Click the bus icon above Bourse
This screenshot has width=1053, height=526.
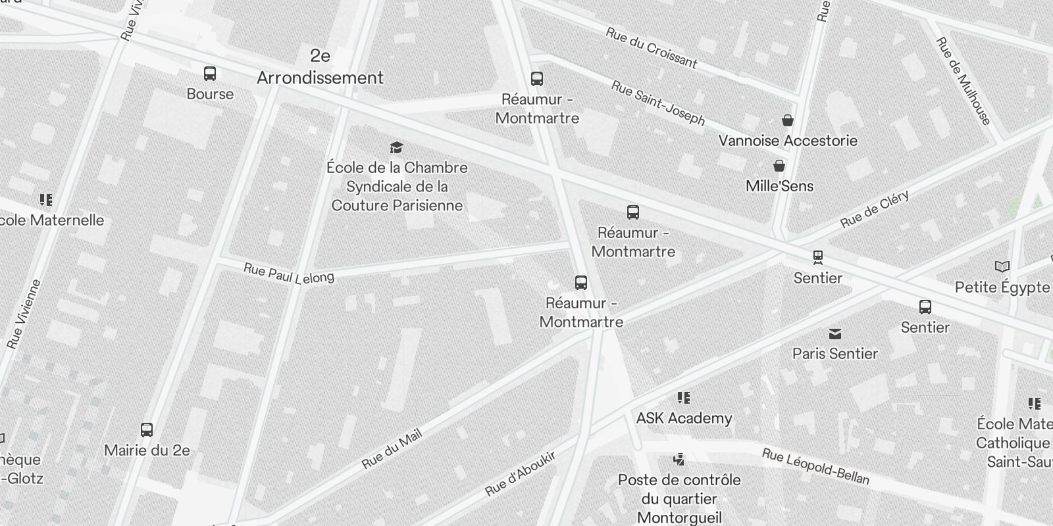(210, 74)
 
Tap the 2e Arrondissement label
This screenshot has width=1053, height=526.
(320, 67)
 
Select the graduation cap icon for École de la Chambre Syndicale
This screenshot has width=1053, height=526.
(396, 147)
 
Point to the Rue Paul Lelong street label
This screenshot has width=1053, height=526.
(289, 274)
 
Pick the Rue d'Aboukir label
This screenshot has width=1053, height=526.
(520, 473)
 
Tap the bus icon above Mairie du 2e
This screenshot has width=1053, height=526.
(147, 430)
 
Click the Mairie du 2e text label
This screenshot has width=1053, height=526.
(147, 450)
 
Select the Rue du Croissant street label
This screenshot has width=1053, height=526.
(651, 48)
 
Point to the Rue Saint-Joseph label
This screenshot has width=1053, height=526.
(657, 103)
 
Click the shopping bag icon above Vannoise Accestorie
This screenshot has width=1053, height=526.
(788, 120)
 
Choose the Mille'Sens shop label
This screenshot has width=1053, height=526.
(779, 186)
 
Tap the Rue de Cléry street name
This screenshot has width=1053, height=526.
(875, 208)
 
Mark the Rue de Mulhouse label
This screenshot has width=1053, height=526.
(963, 81)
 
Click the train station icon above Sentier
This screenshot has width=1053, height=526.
(818, 256)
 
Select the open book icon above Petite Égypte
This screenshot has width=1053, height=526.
(1002, 267)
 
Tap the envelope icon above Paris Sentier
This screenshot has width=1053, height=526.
(835, 334)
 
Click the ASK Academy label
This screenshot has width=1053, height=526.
(684, 418)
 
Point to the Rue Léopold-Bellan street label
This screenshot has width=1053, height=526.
(815, 466)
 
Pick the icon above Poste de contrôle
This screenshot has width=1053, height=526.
(679, 459)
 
